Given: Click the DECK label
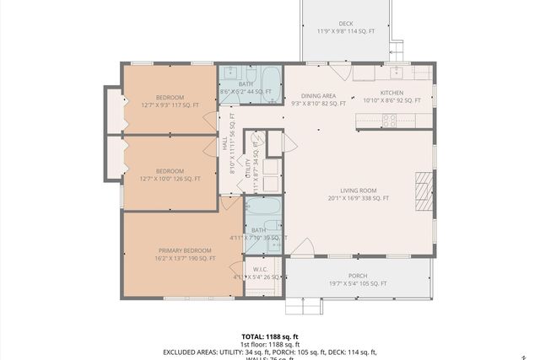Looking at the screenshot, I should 346,24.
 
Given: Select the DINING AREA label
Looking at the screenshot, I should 319,95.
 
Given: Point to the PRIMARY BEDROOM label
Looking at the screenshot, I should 185,250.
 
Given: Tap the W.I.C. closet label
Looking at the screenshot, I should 260,270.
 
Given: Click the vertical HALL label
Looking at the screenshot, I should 226,146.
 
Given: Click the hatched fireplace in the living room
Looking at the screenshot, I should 423,190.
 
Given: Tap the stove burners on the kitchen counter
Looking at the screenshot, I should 390,121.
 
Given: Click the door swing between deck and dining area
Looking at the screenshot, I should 338,72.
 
